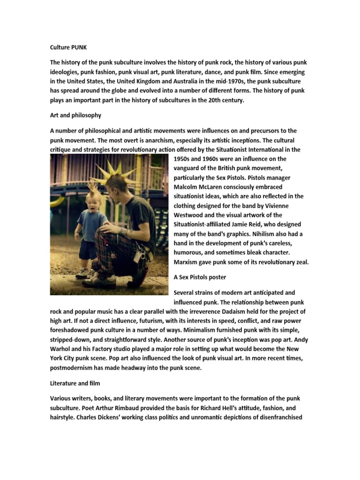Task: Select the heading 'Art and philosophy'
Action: (x=75, y=115)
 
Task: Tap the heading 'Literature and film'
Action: (x=75, y=383)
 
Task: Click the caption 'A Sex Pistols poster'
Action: (x=200, y=277)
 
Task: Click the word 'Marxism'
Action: (x=187, y=262)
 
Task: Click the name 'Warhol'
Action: (x=64, y=349)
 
